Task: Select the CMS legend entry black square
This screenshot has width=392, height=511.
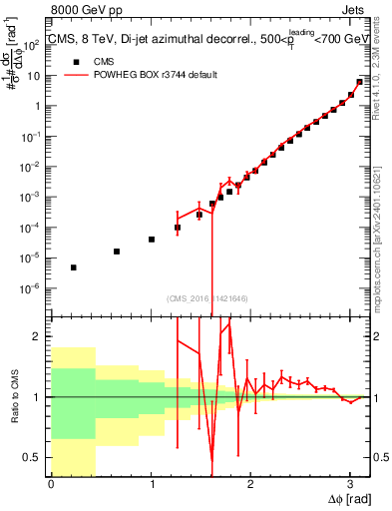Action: [74, 60]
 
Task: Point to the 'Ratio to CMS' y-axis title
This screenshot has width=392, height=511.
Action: [13, 396]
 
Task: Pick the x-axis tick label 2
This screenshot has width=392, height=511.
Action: [250, 484]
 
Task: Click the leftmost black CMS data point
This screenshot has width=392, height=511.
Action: [74, 267]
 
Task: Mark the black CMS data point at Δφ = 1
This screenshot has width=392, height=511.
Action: [152, 240]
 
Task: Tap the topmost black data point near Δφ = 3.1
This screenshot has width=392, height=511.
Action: [359, 82]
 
